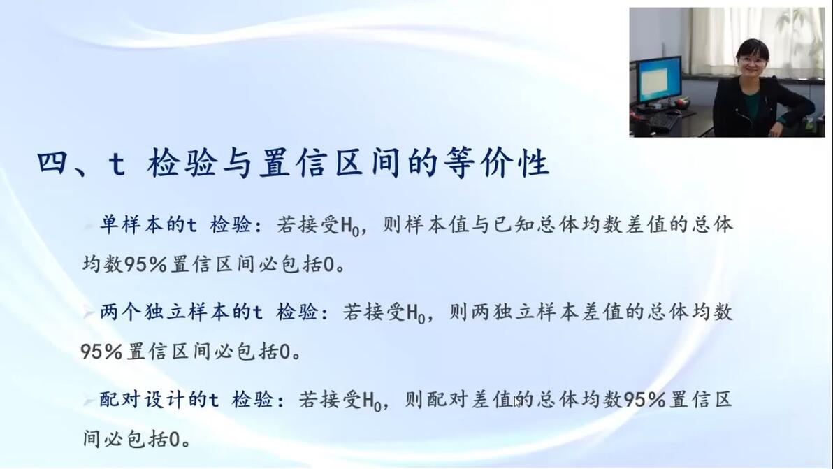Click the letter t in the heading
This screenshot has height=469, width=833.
point(117,164)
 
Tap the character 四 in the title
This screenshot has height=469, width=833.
point(52,163)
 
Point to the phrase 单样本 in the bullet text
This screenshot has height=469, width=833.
point(131,224)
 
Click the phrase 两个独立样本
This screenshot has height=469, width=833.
point(164,312)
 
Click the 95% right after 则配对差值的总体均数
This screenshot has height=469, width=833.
point(644,399)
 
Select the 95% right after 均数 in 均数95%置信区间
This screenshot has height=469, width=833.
point(145,264)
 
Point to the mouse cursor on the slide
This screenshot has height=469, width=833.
point(517,402)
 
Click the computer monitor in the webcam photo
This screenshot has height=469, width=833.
point(658,80)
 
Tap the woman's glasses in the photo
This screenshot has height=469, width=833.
point(751,61)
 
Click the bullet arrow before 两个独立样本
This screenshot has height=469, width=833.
point(88,312)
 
